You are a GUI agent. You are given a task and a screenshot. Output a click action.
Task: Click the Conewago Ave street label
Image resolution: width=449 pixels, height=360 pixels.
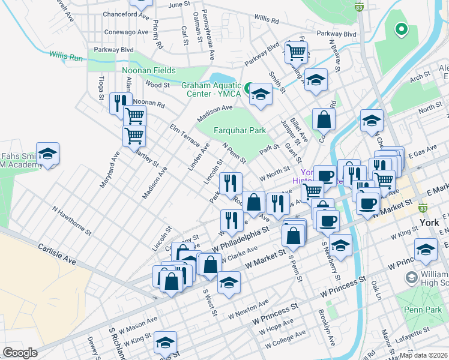click(126, 32)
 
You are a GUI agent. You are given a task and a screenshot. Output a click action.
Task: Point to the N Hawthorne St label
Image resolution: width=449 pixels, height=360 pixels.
click(71, 221)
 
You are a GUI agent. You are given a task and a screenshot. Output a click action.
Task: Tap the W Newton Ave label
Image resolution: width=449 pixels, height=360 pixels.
click(247, 312)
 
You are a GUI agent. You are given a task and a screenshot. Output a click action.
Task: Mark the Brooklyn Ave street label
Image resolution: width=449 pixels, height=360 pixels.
click(328, 326)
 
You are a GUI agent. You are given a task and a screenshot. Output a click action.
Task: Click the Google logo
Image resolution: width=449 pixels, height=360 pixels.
click(20, 353)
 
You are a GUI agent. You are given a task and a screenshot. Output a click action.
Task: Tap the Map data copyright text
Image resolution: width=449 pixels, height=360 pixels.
click(423, 355)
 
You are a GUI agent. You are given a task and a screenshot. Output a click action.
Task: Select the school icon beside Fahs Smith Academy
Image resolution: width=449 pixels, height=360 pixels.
click(47, 154)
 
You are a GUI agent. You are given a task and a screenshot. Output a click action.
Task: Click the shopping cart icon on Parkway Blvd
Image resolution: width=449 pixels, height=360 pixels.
click(296, 52)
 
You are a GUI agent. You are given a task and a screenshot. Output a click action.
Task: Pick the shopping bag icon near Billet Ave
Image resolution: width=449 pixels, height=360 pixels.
click(324, 120)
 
